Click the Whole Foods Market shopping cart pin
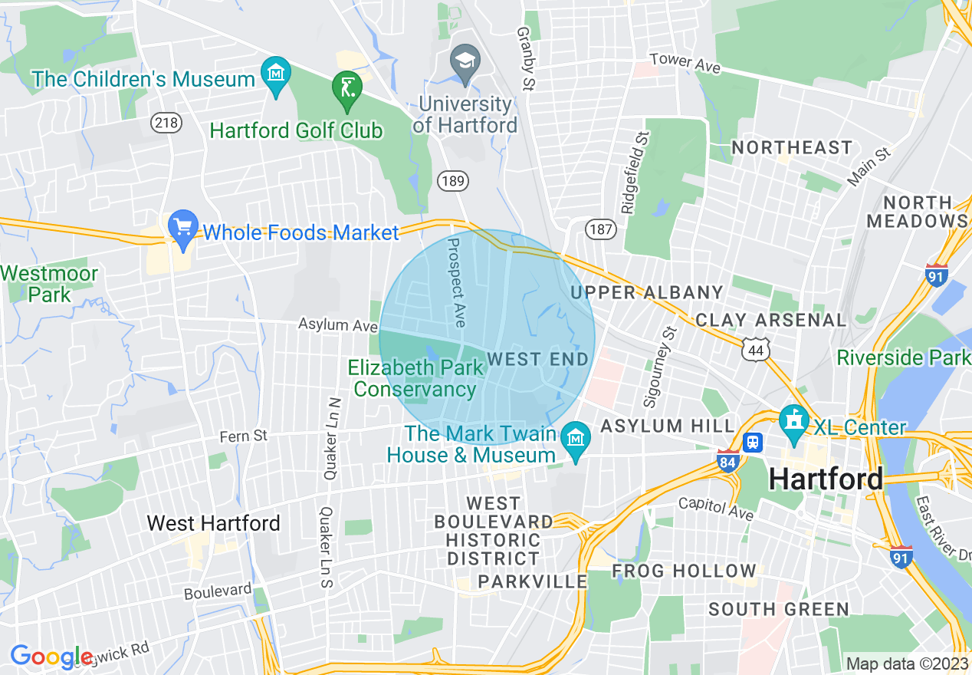(183, 229)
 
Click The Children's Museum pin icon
(275, 75)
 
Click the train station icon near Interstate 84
(754, 443)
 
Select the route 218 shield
(166, 122)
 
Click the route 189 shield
(452, 180)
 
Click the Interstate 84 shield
(728, 460)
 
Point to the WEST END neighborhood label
(537, 359)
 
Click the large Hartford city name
(826, 479)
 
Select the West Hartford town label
(213, 523)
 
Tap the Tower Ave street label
(685, 63)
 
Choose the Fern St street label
(244, 436)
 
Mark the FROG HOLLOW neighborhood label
(684, 571)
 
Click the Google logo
(51, 657)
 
